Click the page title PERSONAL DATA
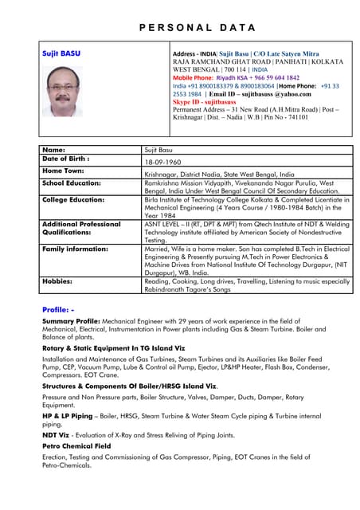point(179,26)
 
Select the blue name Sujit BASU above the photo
point(61,53)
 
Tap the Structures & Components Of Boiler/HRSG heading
point(129,385)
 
